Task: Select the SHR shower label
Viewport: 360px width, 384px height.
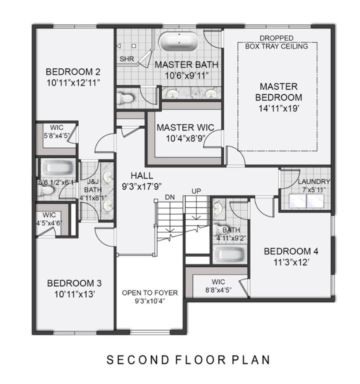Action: point(126,59)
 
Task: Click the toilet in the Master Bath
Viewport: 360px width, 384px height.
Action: point(125,97)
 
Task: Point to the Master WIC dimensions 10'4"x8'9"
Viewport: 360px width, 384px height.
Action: point(184,138)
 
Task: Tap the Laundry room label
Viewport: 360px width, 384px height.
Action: point(313,181)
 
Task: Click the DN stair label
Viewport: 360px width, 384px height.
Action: point(170,197)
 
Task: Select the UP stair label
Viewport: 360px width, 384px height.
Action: point(196,191)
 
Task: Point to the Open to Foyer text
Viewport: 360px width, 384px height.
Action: point(150,292)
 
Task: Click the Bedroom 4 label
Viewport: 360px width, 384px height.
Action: point(290,251)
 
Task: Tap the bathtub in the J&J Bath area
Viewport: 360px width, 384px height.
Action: point(56,168)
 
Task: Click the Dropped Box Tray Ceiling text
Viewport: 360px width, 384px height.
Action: point(276,42)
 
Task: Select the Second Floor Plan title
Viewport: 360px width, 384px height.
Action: point(188,359)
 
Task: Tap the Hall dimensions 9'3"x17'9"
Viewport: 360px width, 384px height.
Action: point(141,186)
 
